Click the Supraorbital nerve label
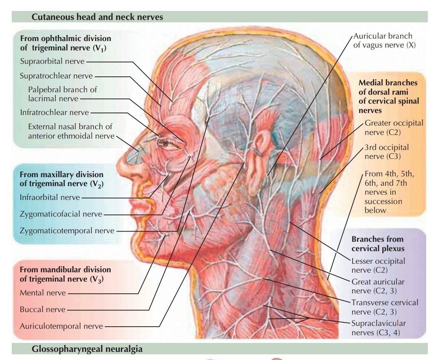(52, 61)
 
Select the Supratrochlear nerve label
(56, 76)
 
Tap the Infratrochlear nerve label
(54, 112)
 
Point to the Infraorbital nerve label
(50, 197)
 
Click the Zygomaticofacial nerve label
(61, 214)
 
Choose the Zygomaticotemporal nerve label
(67, 230)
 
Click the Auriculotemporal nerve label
(61, 326)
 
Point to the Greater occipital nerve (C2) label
(394, 127)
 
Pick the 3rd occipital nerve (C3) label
(386, 152)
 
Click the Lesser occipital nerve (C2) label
(378, 265)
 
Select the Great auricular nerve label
(378, 286)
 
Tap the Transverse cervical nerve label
(384, 307)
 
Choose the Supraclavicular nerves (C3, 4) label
(379, 328)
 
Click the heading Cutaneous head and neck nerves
(97, 17)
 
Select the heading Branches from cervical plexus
(378, 243)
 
